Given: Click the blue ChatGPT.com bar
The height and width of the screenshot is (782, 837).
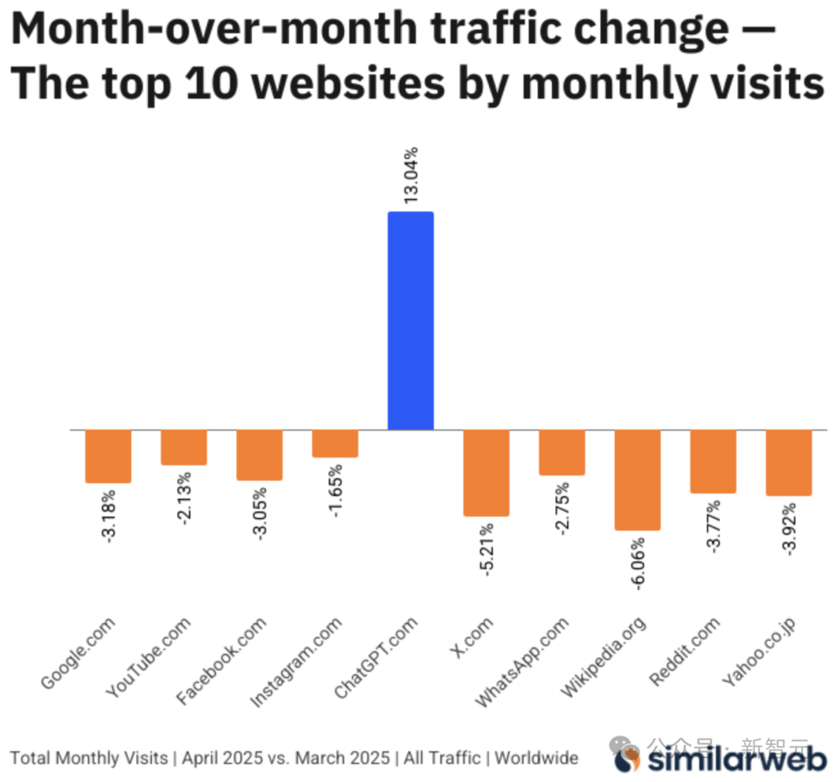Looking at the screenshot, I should pos(410,320).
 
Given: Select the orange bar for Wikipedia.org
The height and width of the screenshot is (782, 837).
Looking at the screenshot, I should pos(637,480).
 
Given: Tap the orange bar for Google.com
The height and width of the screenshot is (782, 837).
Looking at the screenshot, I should pos(108,456).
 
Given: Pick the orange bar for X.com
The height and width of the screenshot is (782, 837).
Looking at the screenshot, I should pos(486,472).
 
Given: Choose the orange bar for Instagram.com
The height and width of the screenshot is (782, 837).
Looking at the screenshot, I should pos(335,443).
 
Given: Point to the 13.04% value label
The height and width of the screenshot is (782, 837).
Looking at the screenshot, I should pos(411,174).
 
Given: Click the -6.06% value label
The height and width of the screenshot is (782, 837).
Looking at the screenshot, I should pos(639,563).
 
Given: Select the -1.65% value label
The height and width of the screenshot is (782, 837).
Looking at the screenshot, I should pos(336,490).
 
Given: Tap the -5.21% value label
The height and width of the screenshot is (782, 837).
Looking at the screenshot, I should pos(487,548).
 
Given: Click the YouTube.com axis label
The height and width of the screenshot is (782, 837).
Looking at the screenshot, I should pos(147,656).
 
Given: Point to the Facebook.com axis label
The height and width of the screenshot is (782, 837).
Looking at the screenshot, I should pos(221,660).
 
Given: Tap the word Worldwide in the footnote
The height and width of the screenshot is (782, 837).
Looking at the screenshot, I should pos(536,757).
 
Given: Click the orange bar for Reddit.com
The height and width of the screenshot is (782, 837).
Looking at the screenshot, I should pos(713,461).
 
